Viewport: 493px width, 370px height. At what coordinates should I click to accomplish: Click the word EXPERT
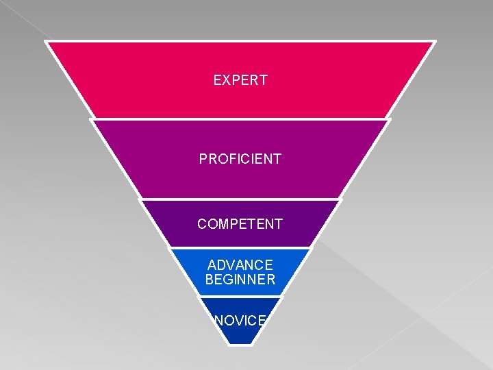(240, 80)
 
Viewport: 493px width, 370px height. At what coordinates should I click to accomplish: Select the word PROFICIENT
(240, 159)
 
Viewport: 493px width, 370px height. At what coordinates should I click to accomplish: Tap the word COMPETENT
(240, 224)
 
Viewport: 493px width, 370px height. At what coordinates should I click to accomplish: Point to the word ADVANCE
(240, 265)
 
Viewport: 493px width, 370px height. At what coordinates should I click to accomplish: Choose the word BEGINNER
(240, 280)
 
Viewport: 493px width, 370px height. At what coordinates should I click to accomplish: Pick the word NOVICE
(240, 319)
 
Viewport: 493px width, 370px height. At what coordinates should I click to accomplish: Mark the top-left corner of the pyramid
(46, 41)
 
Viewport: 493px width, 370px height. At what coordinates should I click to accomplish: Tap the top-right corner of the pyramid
(434, 41)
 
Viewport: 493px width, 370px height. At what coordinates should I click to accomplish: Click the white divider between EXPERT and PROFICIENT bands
(240, 119)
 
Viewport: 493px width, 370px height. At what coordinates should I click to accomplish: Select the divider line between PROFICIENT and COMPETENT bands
(240, 199)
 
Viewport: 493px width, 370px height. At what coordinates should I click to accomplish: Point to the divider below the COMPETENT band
(240, 248)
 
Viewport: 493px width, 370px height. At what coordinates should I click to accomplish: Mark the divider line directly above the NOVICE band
(240, 297)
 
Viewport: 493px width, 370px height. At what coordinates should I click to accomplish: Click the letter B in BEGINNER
(210, 280)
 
